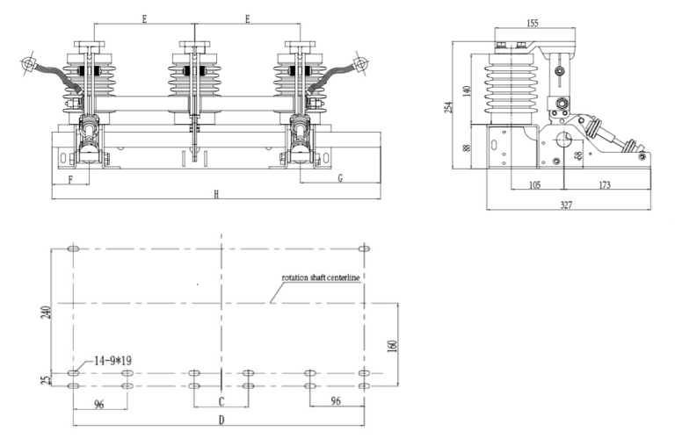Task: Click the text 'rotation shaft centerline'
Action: pyautogui.click(x=321, y=277)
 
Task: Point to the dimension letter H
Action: pyautogui.click(x=215, y=193)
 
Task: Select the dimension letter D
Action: pyautogui.click(x=221, y=421)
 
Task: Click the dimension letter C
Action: pyautogui.click(x=221, y=401)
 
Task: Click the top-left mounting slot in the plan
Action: pyautogui.click(x=73, y=248)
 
